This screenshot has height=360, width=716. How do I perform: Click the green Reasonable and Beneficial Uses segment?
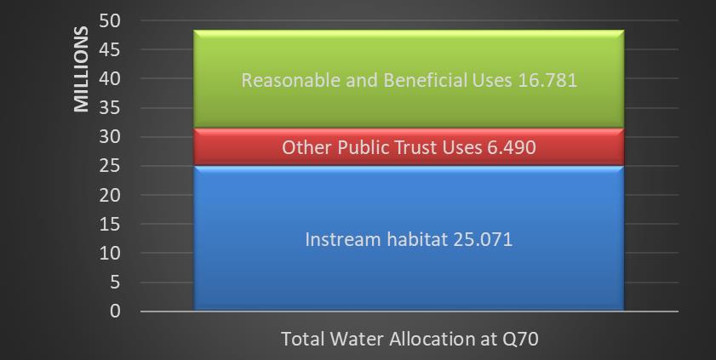[x=409, y=79]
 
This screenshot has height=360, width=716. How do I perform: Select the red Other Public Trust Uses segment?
[x=409, y=147]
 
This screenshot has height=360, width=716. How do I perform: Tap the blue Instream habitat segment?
[x=409, y=238]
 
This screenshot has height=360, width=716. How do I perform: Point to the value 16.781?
[x=547, y=80]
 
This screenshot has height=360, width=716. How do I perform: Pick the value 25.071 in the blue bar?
[x=483, y=239]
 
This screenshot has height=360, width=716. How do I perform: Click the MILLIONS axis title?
[x=81, y=69]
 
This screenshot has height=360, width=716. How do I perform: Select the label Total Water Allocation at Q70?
[x=410, y=339]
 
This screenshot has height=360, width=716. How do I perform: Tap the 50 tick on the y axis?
[x=110, y=20]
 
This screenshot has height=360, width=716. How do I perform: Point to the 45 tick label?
[x=110, y=49]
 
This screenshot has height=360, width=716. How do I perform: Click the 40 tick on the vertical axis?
[x=110, y=78]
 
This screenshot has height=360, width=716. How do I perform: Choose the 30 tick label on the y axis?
[x=110, y=136]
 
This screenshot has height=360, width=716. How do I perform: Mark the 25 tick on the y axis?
[x=110, y=166]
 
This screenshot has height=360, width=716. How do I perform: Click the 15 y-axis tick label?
[x=110, y=224]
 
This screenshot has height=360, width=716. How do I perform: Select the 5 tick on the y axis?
[x=115, y=283]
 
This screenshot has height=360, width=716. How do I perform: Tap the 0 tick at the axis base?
[x=115, y=311]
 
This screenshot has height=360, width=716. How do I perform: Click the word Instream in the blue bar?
[x=342, y=239]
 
